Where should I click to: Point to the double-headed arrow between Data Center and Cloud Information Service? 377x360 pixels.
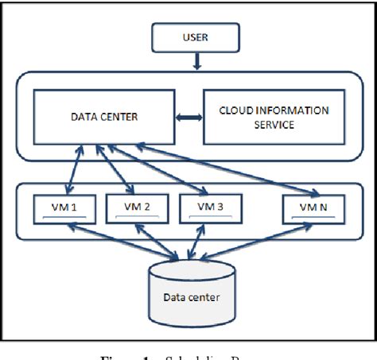pos(188,118)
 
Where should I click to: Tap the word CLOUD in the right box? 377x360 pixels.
pos(239,110)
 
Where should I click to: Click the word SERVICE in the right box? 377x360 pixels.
pos(269,124)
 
